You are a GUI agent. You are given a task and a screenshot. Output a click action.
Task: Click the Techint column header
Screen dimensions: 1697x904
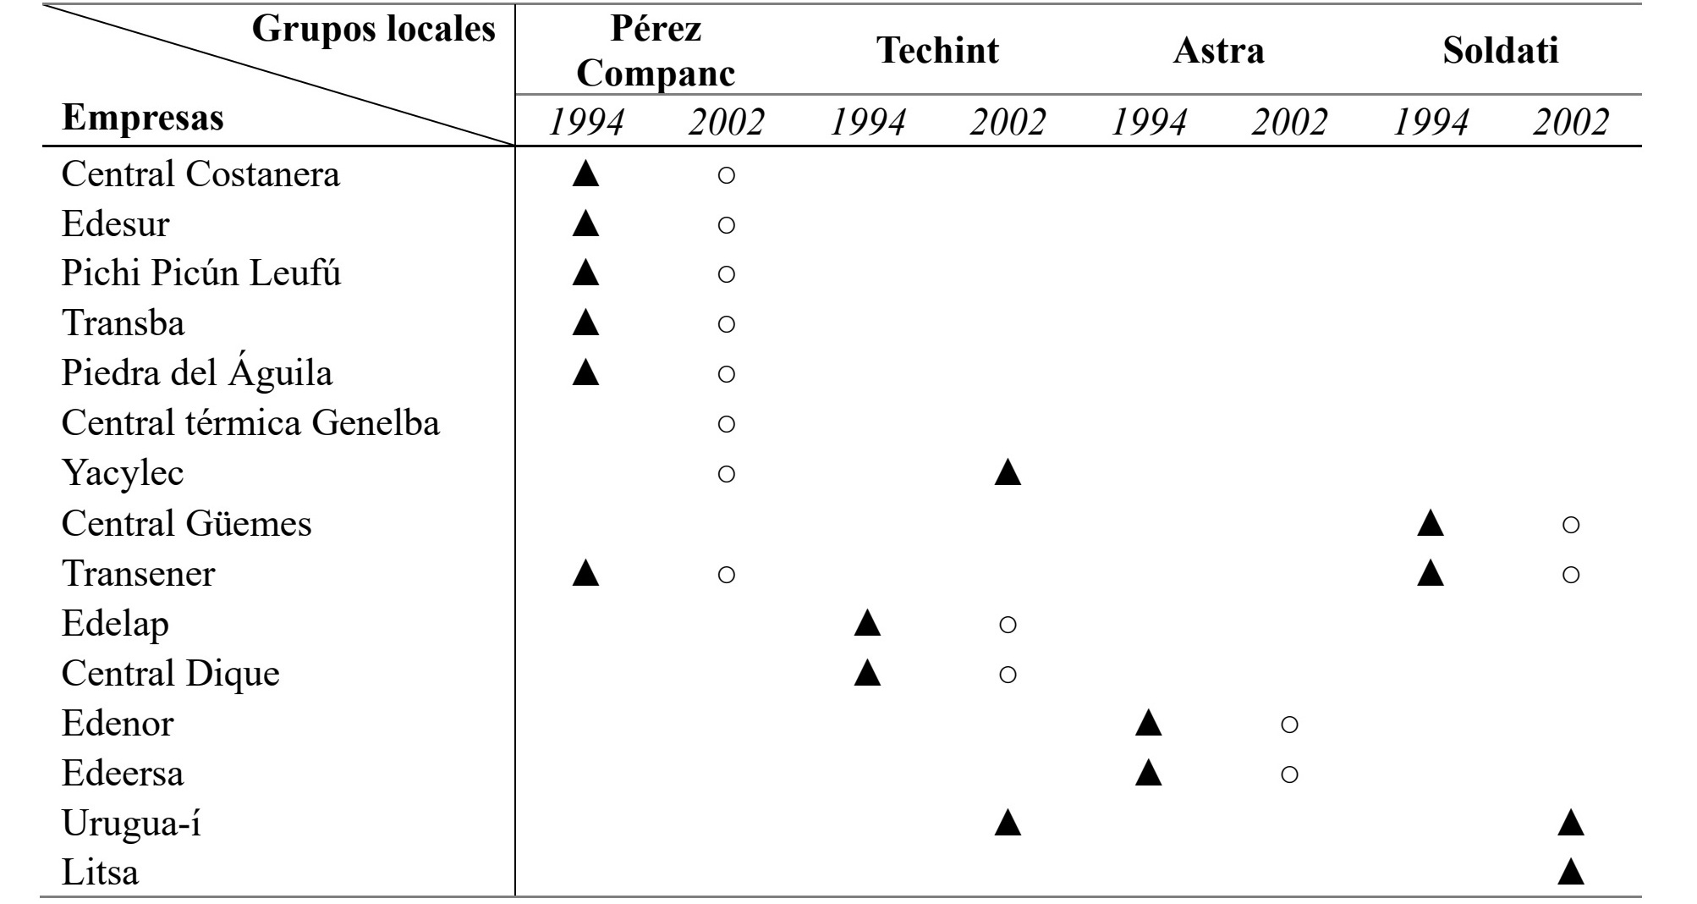937,51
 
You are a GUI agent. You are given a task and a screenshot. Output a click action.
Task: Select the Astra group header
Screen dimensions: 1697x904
1218,51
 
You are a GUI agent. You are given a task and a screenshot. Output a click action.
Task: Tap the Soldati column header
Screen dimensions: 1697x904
1500,51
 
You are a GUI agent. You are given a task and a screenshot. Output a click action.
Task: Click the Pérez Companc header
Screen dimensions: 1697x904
656,52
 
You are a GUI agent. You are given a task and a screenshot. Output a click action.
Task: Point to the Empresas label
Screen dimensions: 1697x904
143,118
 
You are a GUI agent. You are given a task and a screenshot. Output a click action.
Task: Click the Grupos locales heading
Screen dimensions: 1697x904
374,30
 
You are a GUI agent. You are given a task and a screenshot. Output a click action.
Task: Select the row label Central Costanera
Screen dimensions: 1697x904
200,174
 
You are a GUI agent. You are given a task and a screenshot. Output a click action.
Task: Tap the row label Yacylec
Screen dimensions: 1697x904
123,473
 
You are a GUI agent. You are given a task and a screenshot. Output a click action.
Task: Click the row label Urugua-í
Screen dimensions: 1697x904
131,824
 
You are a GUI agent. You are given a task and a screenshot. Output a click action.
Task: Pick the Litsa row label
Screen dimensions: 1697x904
100,872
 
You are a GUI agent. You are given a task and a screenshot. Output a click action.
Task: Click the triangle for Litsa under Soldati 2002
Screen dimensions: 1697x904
1570,871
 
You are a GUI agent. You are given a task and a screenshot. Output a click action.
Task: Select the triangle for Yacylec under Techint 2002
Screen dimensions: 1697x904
1008,472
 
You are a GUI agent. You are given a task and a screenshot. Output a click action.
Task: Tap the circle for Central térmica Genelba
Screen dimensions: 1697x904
726,424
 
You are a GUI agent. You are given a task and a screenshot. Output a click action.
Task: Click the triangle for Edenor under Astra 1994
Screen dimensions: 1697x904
1148,723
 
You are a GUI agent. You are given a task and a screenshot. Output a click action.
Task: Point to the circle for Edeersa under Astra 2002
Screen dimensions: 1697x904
1289,774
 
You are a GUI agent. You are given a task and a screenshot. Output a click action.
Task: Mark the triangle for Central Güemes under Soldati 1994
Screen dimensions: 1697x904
1430,523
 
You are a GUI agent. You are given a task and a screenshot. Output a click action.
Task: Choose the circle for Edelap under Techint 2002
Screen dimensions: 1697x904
1008,626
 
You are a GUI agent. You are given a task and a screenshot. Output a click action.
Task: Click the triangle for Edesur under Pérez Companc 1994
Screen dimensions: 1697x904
585,223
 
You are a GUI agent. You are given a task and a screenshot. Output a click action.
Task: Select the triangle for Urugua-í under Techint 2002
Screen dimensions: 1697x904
1008,823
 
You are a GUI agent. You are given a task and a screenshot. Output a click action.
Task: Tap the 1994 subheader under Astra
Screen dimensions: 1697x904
1149,123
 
